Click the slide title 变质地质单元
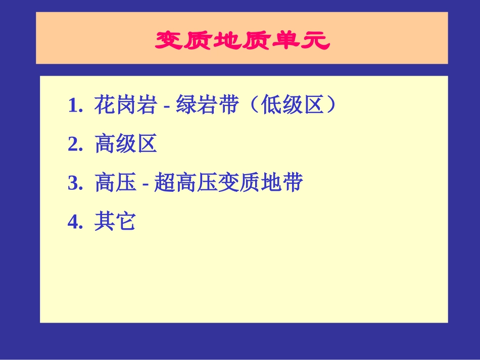click(242, 40)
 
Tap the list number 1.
click(75, 106)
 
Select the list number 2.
click(75, 145)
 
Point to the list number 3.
click(75, 183)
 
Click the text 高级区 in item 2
click(126, 144)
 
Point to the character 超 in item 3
click(165, 183)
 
